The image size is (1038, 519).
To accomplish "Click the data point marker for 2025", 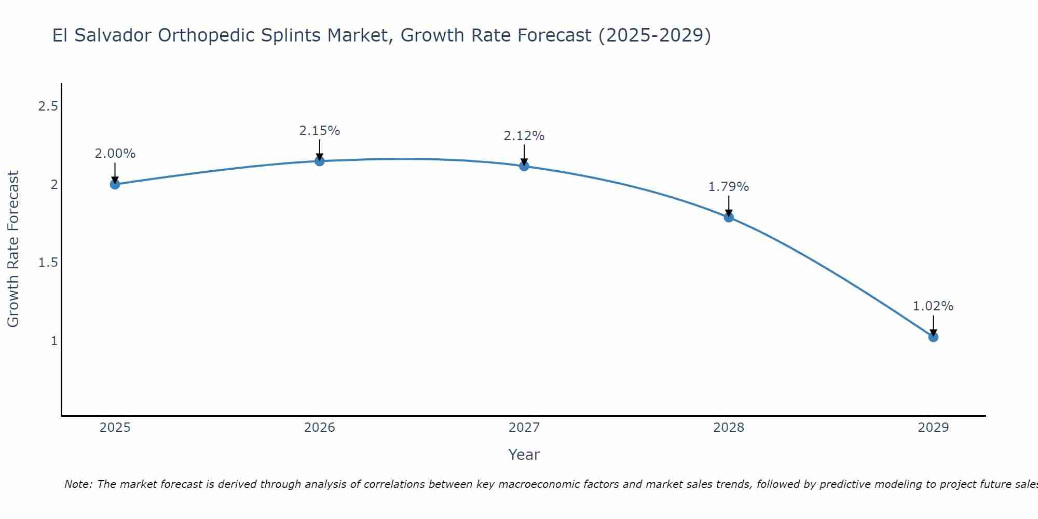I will pos(115,184).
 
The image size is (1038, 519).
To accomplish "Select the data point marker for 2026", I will pos(319,161).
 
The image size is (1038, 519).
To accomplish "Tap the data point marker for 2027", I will pos(524,166).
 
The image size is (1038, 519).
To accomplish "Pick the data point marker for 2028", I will pos(728,217).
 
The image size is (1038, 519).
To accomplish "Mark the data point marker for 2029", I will pos(933,337).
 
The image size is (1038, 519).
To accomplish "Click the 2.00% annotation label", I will pos(115,154).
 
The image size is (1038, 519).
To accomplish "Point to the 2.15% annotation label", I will pos(319,131).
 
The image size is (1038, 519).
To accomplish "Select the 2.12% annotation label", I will pos(524,136).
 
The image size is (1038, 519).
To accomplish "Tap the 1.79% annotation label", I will pos(728,187).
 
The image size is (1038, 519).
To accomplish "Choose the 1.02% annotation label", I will pos(933,306).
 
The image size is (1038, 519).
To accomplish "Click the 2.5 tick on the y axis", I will pos(48,106).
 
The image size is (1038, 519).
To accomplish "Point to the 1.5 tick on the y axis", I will pos(48,263).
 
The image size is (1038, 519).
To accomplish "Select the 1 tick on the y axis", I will pos(54,341).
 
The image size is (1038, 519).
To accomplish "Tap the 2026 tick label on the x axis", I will pos(319,428).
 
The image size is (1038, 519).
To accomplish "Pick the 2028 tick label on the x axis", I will pos(728,428).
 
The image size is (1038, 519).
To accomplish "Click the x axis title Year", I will pos(524,455).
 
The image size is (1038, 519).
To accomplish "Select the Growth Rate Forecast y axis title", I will pos(13,249).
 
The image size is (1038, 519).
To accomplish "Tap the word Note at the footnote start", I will pos(78,484).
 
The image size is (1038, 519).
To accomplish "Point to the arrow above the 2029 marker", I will pos(933,325).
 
